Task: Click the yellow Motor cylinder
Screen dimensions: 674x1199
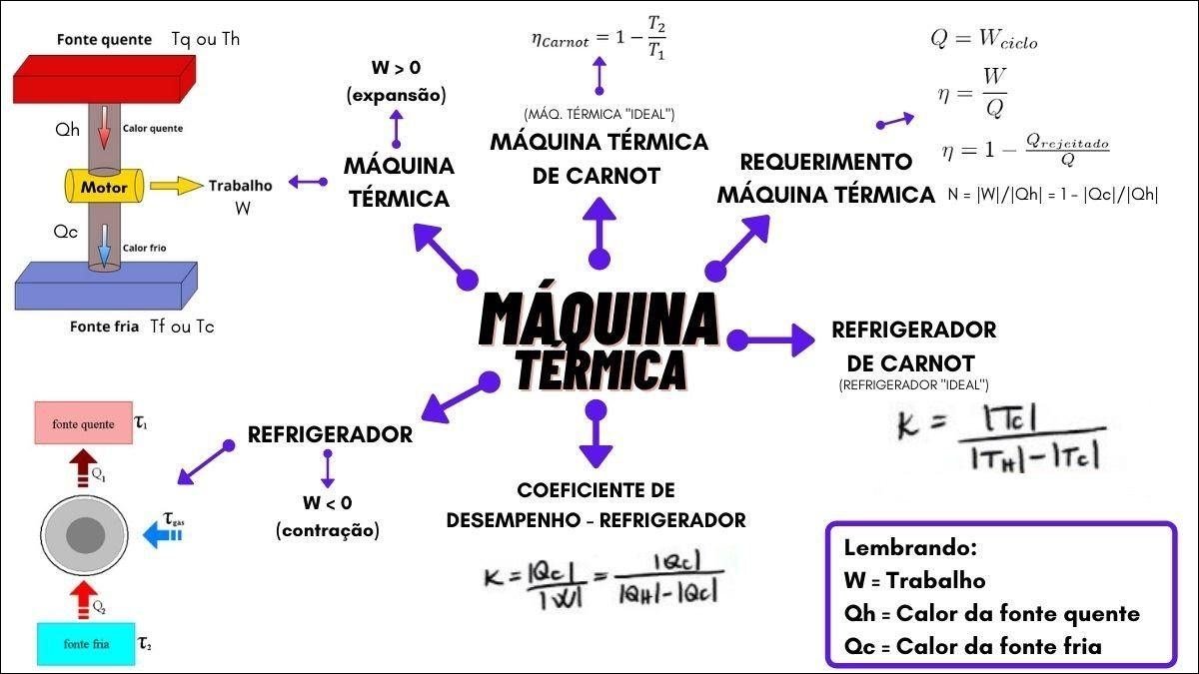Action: (x=104, y=186)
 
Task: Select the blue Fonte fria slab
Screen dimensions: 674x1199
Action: (x=104, y=284)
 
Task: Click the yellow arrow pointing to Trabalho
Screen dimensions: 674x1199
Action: (x=176, y=186)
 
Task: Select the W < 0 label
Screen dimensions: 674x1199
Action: (x=328, y=503)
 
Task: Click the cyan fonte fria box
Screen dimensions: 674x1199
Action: (x=86, y=644)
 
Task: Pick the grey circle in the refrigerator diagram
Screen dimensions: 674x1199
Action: (x=85, y=536)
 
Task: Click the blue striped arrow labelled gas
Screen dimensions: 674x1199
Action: (x=161, y=537)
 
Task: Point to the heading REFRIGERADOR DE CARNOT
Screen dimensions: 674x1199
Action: (x=913, y=344)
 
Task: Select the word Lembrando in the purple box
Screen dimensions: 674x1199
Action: (x=909, y=547)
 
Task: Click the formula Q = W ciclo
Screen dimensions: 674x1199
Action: (x=983, y=40)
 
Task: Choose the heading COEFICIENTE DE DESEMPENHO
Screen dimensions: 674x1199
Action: (x=596, y=504)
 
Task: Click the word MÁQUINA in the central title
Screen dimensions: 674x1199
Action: (x=598, y=318)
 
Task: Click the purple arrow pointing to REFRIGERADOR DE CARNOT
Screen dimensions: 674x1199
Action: (x=773, y=339)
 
